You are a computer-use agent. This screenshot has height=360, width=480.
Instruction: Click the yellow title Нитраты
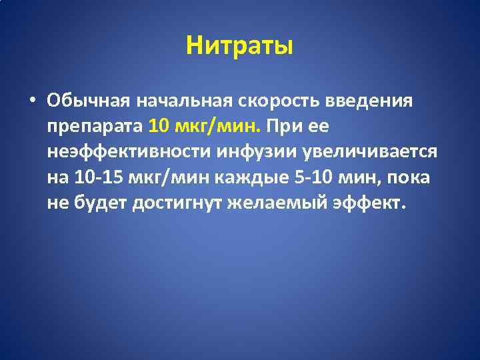[240, 47]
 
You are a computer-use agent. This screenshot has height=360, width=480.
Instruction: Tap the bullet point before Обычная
[33, 101]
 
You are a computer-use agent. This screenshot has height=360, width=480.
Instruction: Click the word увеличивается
[369, 151]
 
